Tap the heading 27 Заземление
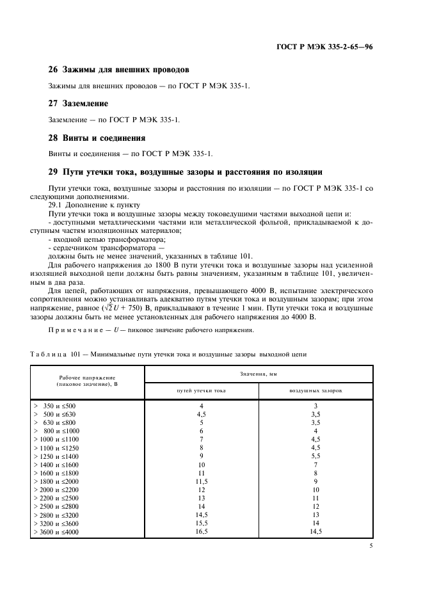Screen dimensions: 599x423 [x=78, y=104]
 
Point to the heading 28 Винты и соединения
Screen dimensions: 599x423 [x=97, y=138]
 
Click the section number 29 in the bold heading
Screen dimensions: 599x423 [x=53, y=172]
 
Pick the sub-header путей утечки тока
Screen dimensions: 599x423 [x=201, y=390]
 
